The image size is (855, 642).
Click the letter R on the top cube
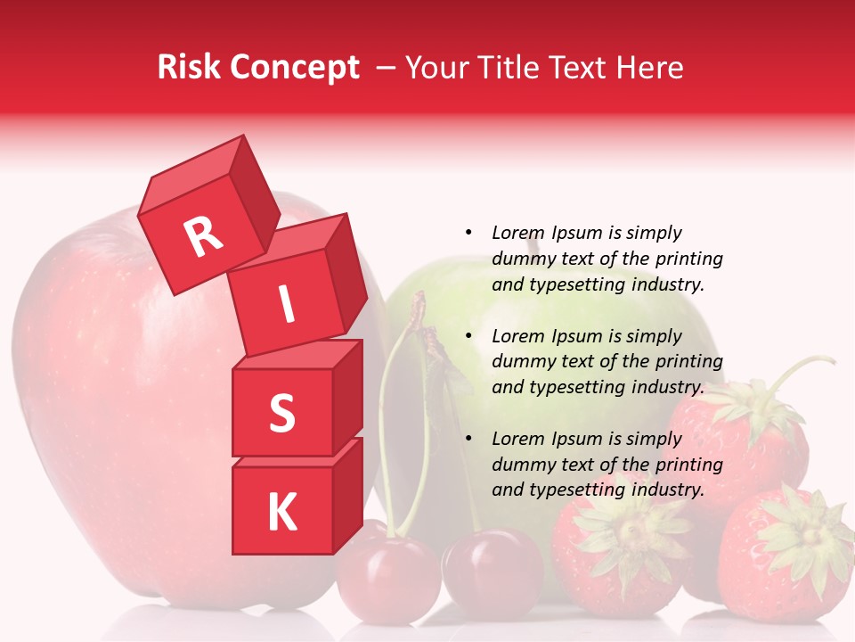pos(203,236)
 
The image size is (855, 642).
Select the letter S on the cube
pos(281,413)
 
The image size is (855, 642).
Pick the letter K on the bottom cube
pos(281,513)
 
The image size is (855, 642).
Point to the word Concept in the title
pos(294,68)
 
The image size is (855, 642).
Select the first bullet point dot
pos(468,233)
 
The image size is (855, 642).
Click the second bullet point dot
pos(468,336)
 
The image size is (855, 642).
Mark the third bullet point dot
pos(468,439)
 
